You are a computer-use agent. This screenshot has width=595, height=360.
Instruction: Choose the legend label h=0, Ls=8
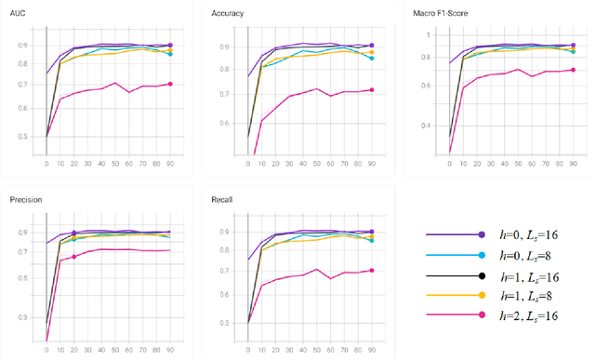(531, 255)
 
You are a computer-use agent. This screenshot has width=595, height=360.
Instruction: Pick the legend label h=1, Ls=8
(531, 295)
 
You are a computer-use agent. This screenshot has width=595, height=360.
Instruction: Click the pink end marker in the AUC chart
(169, 84)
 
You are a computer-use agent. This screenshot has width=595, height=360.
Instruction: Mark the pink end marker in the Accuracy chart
(372, 90)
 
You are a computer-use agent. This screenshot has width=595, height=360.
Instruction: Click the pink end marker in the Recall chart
(372, 271)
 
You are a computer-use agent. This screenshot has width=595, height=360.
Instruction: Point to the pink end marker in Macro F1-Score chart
(573, 70)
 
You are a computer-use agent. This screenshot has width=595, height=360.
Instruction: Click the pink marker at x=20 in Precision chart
(73, 257)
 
